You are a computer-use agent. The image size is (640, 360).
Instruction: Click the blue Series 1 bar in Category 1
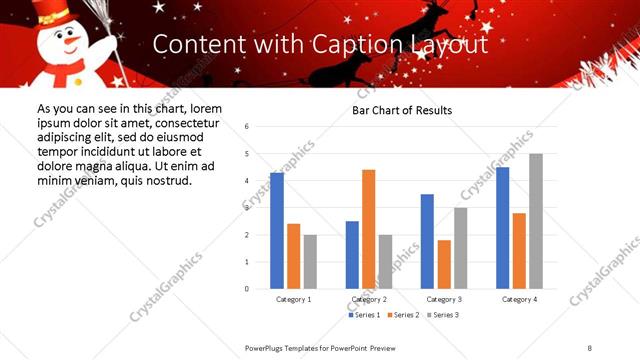click(277, 231)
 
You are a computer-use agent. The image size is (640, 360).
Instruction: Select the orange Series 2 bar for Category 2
click(368, 229)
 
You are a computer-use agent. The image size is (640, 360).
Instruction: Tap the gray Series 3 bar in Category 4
click(536, 221)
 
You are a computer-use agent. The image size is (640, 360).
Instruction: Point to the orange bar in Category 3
click(444, 264)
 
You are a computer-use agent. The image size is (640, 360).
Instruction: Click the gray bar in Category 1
click(310, 262)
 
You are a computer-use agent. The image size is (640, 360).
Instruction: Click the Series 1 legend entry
click(362, 315)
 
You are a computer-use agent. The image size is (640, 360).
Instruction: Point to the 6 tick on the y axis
click(247, 127)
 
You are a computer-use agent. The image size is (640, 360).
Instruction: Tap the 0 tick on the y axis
click(247, 289)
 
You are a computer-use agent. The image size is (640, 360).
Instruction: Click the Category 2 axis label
click(369, 299)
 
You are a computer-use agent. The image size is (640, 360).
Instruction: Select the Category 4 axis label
click(519, 299)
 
